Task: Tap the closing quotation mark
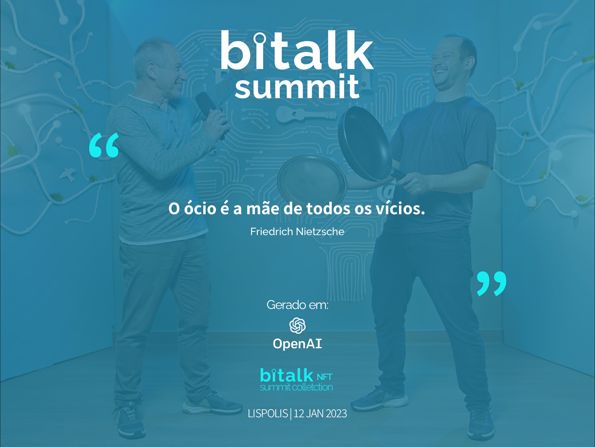(491, 283)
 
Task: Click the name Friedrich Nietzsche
(297, 232)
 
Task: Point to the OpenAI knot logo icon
(297, 325)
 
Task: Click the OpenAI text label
(297, 344)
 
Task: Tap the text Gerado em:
(297, 305)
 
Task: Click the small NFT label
(324, 377)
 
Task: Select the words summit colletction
(296, 387)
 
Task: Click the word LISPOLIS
(267, 414)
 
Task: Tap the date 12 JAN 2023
(320, 414)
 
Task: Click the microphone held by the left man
(208, 107)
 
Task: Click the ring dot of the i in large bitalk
(260, 38)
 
